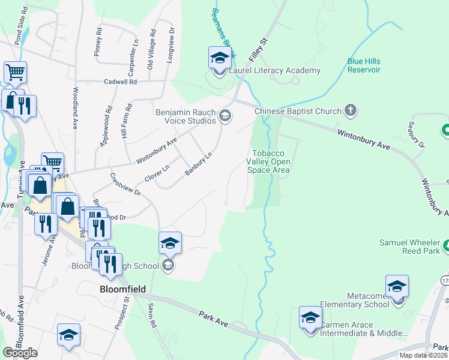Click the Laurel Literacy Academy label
(x=275, y=71)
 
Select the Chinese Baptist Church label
(x=298, y=111)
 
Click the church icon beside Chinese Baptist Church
(x=351, y=111)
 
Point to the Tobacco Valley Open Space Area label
(x=271, y=162)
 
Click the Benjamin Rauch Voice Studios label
(x=185, y=116)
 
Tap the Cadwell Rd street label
(x=121, y=82)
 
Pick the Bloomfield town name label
(x=122, y=289)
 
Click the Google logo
(x=20, y=353)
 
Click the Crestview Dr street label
(x=125, y=185)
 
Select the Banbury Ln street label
(x=199, y=163)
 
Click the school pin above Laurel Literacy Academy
(x=220, y=58)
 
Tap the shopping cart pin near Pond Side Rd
(x=15, y=73)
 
